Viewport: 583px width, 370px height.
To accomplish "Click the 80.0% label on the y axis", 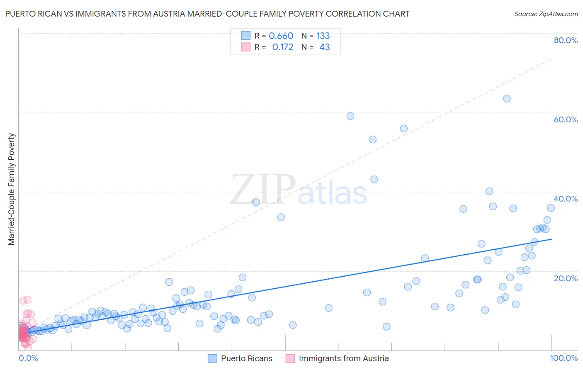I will pos(566,40).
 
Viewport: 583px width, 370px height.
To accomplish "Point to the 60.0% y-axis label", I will pos(566,119).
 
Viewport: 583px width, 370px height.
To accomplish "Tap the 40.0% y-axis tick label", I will pos(566,199).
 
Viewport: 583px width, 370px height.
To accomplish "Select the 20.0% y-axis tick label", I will pos(566,278).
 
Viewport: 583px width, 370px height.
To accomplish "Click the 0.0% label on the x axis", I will pos(28,358).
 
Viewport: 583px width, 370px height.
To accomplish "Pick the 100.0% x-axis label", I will pos(564,358).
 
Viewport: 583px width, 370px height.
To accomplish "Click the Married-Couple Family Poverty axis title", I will pos(12,189).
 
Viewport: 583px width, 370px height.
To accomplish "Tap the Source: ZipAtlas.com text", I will pos(546,14).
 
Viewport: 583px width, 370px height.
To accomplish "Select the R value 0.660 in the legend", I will pos(281,36).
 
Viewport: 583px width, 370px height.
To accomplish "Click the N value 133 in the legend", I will pos(323,36).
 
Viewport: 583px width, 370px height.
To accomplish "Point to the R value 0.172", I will pos(282,47).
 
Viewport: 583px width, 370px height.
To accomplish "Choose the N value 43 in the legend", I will pos(324,47).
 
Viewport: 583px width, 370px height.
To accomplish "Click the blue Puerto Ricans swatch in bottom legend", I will pos(212,358).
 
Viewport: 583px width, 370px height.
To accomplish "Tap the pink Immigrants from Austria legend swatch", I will pos(290,358).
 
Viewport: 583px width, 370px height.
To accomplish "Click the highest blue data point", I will pos(507,98).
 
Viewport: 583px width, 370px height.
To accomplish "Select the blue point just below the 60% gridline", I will pos(350,116).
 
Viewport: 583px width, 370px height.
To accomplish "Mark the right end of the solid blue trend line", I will pos(551,239).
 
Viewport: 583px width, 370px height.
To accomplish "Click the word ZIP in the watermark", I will pos(263,190).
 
